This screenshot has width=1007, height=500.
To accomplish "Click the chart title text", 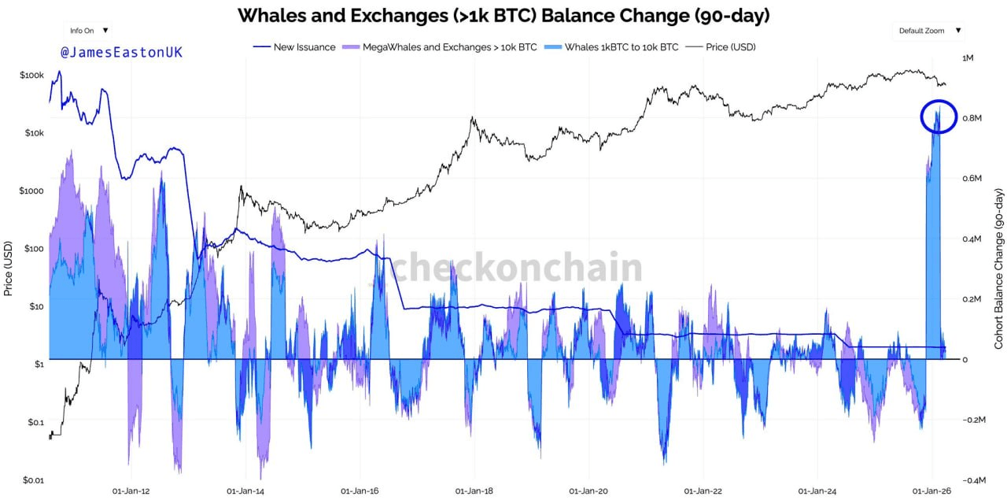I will pyautogui.click(x=503, y=15).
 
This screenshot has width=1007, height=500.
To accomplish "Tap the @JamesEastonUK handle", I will pyautogui.click(x=121, y=53).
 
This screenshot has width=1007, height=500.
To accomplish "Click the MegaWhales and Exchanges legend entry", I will pyautogui.click(x=449, y=47).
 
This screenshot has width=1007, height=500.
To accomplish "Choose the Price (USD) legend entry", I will pyautogui.click(x=730, y=47).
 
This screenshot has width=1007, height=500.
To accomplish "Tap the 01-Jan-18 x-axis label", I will pyautogui.click(x=475, y=491).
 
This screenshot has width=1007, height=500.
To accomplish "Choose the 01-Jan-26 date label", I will pyautogui.click(x=932, y=491).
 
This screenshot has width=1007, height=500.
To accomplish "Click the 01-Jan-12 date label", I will pyautogui.click(x=131, y=491).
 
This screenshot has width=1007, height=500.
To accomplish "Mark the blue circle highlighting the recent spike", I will pyautogui.click(x=938, y=117).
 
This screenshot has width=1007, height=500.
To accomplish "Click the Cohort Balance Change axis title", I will pyautogui.click(x=998, y=269).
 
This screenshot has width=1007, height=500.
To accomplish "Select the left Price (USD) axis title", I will pyautogui.click(x=8, y=268).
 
